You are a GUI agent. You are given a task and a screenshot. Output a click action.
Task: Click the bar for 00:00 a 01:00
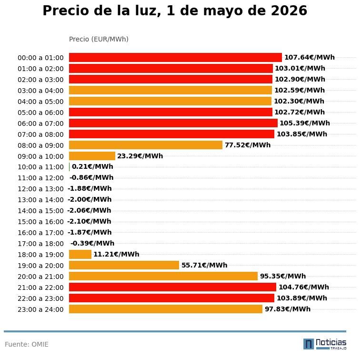tap(175, 57)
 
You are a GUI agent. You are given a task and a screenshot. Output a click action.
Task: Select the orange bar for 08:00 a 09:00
tap(146, 145)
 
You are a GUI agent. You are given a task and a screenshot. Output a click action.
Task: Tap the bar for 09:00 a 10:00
tap(92, 156)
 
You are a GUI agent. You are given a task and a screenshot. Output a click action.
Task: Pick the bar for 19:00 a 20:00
tap(124, 265)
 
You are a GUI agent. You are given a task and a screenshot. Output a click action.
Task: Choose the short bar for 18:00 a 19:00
tap(80, 254)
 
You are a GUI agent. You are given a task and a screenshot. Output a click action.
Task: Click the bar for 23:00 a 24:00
tap(166, 309)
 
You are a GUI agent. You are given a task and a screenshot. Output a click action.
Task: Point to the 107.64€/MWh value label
tap(310, 57)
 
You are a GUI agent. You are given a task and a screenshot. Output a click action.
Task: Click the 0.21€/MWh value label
tap(92, 167)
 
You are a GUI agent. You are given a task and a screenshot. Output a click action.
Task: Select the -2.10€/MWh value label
tap(89, 221)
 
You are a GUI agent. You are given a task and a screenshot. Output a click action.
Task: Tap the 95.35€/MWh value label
tap(283, 276)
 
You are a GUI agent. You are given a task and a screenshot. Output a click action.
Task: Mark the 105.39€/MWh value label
tap(305, 123)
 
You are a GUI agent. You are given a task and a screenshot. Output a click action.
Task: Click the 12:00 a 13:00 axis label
tap(40, 189)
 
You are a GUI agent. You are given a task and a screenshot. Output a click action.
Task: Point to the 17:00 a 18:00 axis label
tap(40, 244)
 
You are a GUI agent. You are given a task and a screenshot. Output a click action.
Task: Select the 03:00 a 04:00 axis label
tap(40, 91)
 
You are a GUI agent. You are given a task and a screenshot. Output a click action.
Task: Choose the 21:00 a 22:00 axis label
tap(40, 288)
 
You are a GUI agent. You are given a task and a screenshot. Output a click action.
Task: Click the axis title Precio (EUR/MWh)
tap(99, 39)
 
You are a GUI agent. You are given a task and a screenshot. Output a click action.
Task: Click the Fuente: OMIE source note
tap(27, 344)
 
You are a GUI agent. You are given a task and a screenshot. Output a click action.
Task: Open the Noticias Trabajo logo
tap(325, 344)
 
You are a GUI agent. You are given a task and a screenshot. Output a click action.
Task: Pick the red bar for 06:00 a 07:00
tap(173, 123)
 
